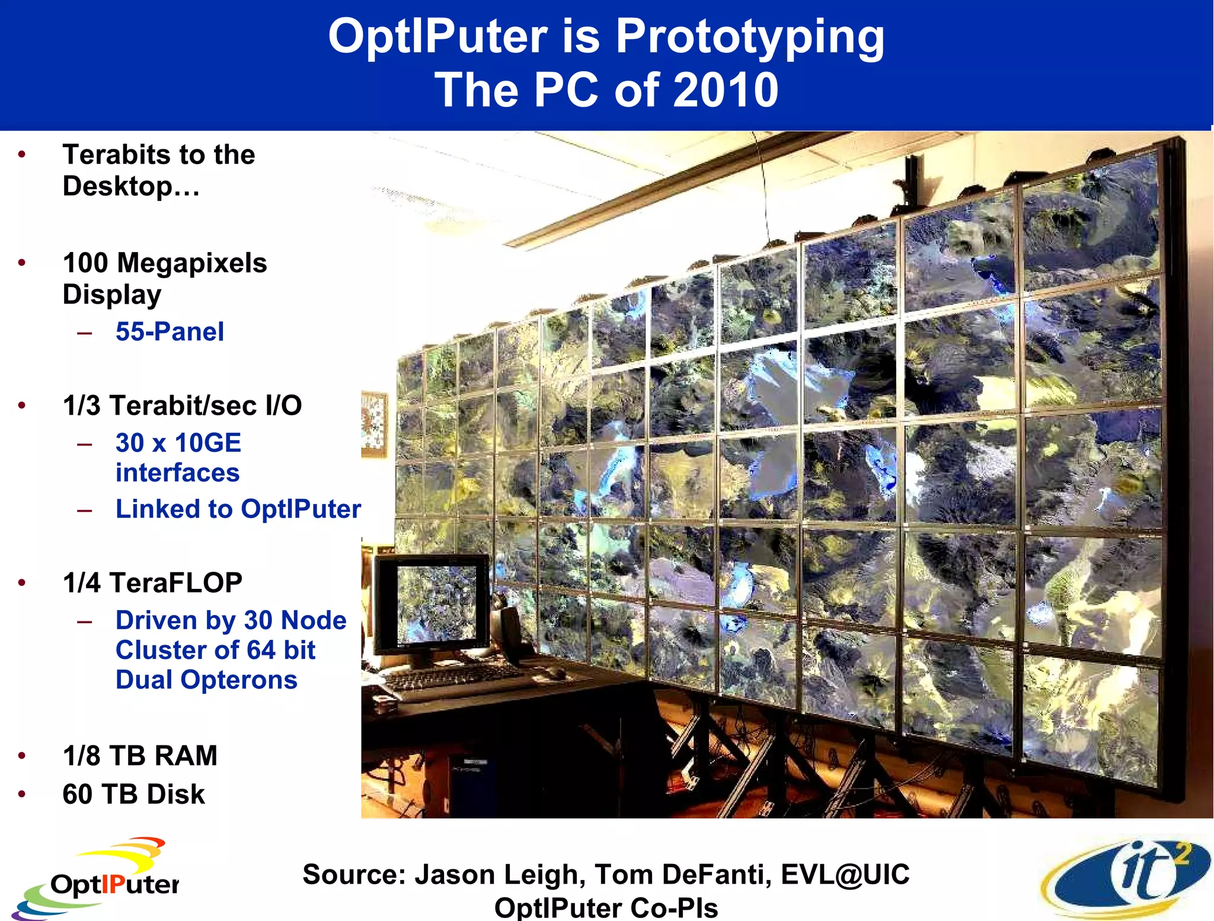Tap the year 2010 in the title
point(726,90)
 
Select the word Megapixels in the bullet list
point(192,263)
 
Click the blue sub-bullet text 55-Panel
point(170,332)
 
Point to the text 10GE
point(207,443)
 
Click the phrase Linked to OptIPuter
point(238,509)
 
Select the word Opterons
point(239,680)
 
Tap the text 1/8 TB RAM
point(140,756)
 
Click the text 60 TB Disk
point(134,794)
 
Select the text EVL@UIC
point(845,874)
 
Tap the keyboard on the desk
point(451,679)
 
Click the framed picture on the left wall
point(373,423)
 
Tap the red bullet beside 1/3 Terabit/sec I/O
point(22,406)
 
